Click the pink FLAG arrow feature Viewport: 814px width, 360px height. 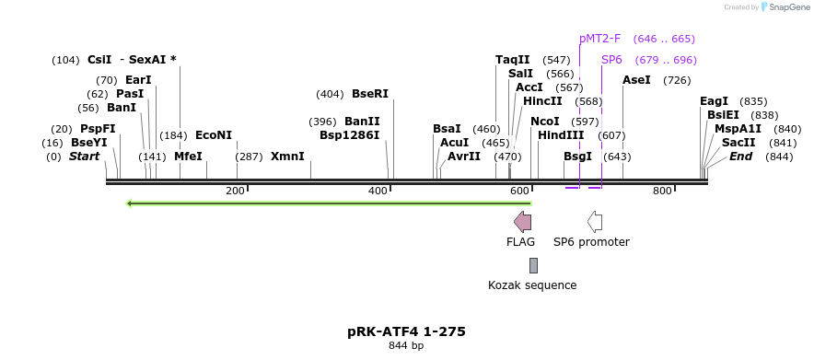pyautogui.click(x=522, y=221)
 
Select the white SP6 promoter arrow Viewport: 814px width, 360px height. pyautogui.click(x=595, y=221)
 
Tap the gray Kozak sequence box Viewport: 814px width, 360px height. pyautogui.click(x=533, y=265)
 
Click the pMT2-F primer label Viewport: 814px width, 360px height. pyautogui.click(x=599, y=39)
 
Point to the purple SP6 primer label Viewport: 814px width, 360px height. pyautogui.click(x=611, y=60)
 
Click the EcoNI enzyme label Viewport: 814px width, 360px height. pyautogui.click(x=214, y=135)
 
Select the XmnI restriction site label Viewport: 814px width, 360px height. pyautogui.click(x=287, y=157)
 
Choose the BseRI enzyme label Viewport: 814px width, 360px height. pyautogui.click(x=370, y=94)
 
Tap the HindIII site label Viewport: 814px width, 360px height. pyautogui.click(x=561, y=135)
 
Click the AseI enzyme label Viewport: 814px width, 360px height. pyautogui.click(x=636, y=80)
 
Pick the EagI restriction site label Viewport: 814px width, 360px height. pyautogui.click(x=714, y=101)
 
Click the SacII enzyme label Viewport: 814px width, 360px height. pyautogui.click(x=738, y=143)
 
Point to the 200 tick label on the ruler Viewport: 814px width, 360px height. pyautogui.click(x=236, y=191)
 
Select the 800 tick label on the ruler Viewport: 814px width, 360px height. pyautogui.click(x=662, y=191)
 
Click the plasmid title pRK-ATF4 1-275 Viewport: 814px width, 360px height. pyautogui.click(x=406, y=331)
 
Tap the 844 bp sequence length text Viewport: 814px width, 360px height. pyautogui.click(x=406, y=346)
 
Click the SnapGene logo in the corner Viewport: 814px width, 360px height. pyautogui.click(x=783, y=7)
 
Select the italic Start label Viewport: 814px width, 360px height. pyautogui.click(x=84, y=157)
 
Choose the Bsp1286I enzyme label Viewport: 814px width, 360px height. pyautogui.click(x=349, y=135)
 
